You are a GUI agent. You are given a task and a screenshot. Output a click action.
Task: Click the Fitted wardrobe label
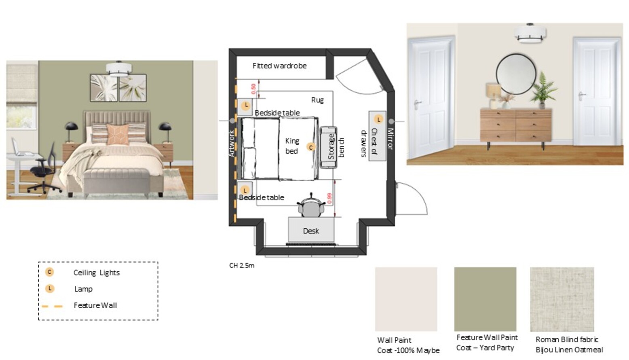(x=279, y=66)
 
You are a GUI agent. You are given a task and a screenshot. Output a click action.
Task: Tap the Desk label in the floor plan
(x=311, y=231)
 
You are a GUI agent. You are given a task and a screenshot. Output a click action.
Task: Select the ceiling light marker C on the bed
(x=310, y=147)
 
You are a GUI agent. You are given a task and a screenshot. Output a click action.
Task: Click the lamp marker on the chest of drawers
(x=378, y=119)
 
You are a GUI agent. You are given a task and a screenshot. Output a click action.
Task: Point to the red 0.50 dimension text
(x=253, y=89)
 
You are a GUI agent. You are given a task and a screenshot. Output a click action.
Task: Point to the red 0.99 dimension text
(x=330, y=198)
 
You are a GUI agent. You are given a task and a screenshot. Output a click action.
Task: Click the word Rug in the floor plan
(x=317, y=100)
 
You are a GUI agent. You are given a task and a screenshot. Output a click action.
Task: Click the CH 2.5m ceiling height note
(x=241, y=266)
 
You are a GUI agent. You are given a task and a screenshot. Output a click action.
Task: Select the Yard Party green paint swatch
(x=485, y=299)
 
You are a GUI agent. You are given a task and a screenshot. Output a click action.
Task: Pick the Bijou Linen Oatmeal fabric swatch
(x=562, y=299)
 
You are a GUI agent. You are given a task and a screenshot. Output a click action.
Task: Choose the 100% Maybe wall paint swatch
(x=406, y=299)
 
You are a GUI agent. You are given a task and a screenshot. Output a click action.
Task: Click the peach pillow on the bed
(x=118, y=134)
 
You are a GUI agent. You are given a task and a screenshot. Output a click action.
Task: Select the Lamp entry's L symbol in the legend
(x=50, y=289)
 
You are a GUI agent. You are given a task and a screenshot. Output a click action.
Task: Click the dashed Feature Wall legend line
(x=52, y=306)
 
